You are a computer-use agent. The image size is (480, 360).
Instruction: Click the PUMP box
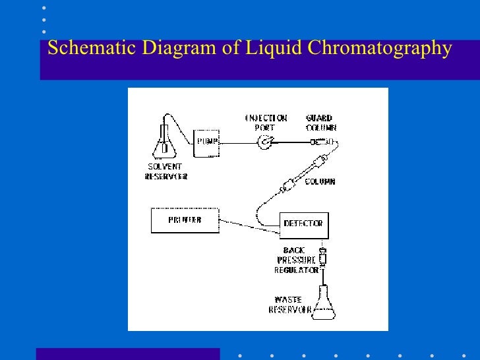(206, 142)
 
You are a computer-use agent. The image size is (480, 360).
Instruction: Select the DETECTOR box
(303, 224)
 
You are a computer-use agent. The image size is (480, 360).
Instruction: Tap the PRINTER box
(185, 220)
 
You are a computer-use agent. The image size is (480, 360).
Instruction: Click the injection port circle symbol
(265, 140)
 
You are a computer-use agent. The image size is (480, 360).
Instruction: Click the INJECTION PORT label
(266, 123)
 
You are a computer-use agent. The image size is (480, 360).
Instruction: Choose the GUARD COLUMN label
(320, 123)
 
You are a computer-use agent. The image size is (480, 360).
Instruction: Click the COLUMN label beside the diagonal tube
(320, 181)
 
